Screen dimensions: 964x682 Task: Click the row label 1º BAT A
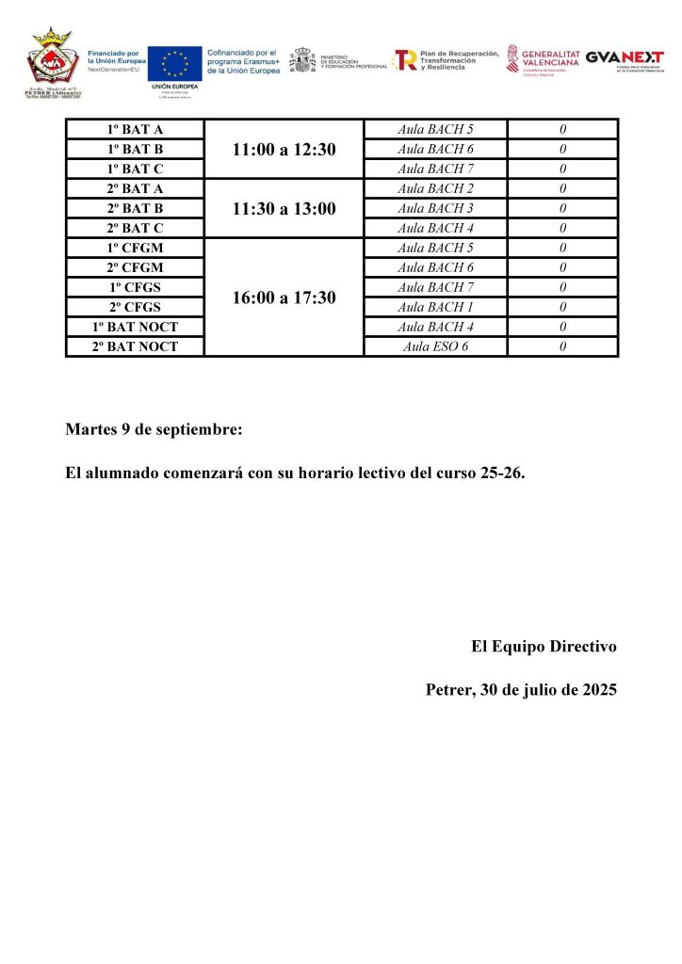[135, 129]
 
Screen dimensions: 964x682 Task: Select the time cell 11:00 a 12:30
[284, 150]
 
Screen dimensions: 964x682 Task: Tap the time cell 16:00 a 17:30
[284, 297]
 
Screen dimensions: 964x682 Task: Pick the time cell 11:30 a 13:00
[284, 209]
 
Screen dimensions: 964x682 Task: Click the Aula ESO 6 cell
[435, 346]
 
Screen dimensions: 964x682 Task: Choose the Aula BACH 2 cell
[435, 188]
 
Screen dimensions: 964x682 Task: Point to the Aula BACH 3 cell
[435, 208]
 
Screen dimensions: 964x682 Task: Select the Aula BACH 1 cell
[435, 307]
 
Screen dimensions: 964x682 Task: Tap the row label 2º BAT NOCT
[135, 346]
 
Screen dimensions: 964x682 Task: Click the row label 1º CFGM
[135, 248]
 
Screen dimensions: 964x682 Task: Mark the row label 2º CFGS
[135, 307]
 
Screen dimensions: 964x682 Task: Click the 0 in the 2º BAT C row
[562, 228]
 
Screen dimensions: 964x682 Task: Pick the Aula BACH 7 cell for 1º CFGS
[435, 287]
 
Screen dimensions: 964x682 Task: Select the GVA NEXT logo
[625, 58]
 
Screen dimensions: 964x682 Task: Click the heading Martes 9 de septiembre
[154, 430]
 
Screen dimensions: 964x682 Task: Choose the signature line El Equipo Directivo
[544, 647]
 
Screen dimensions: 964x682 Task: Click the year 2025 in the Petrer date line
[599, 690]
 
